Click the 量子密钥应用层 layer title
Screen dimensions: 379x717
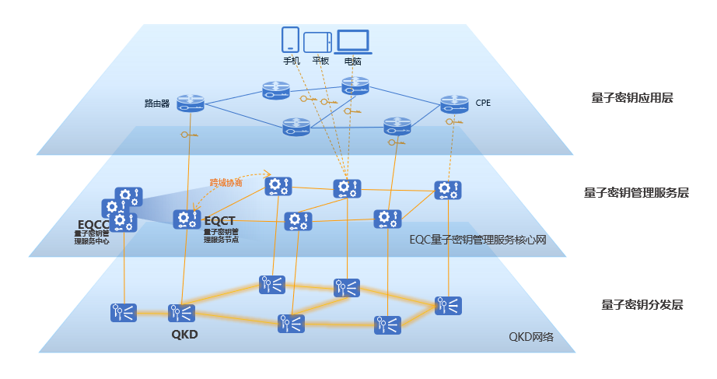point(631,98)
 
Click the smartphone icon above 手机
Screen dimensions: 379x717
point(290,40)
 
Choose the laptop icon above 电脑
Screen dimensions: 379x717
point(352,41)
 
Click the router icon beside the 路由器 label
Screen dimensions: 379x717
point(190,102)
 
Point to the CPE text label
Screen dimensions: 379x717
point(483,102)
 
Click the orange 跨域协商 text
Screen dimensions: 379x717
point(226,183)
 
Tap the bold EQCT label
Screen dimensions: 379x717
point(219,221)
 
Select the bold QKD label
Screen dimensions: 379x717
point(184,335)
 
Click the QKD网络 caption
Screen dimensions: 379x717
point(530,337)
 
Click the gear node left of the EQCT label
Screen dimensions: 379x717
point(187,219)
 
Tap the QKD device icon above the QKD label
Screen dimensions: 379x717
point(182,314)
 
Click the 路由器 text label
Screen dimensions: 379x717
point(156,103)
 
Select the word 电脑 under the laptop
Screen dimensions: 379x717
point(352,61)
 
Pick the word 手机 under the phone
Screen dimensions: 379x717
point(291,61)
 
